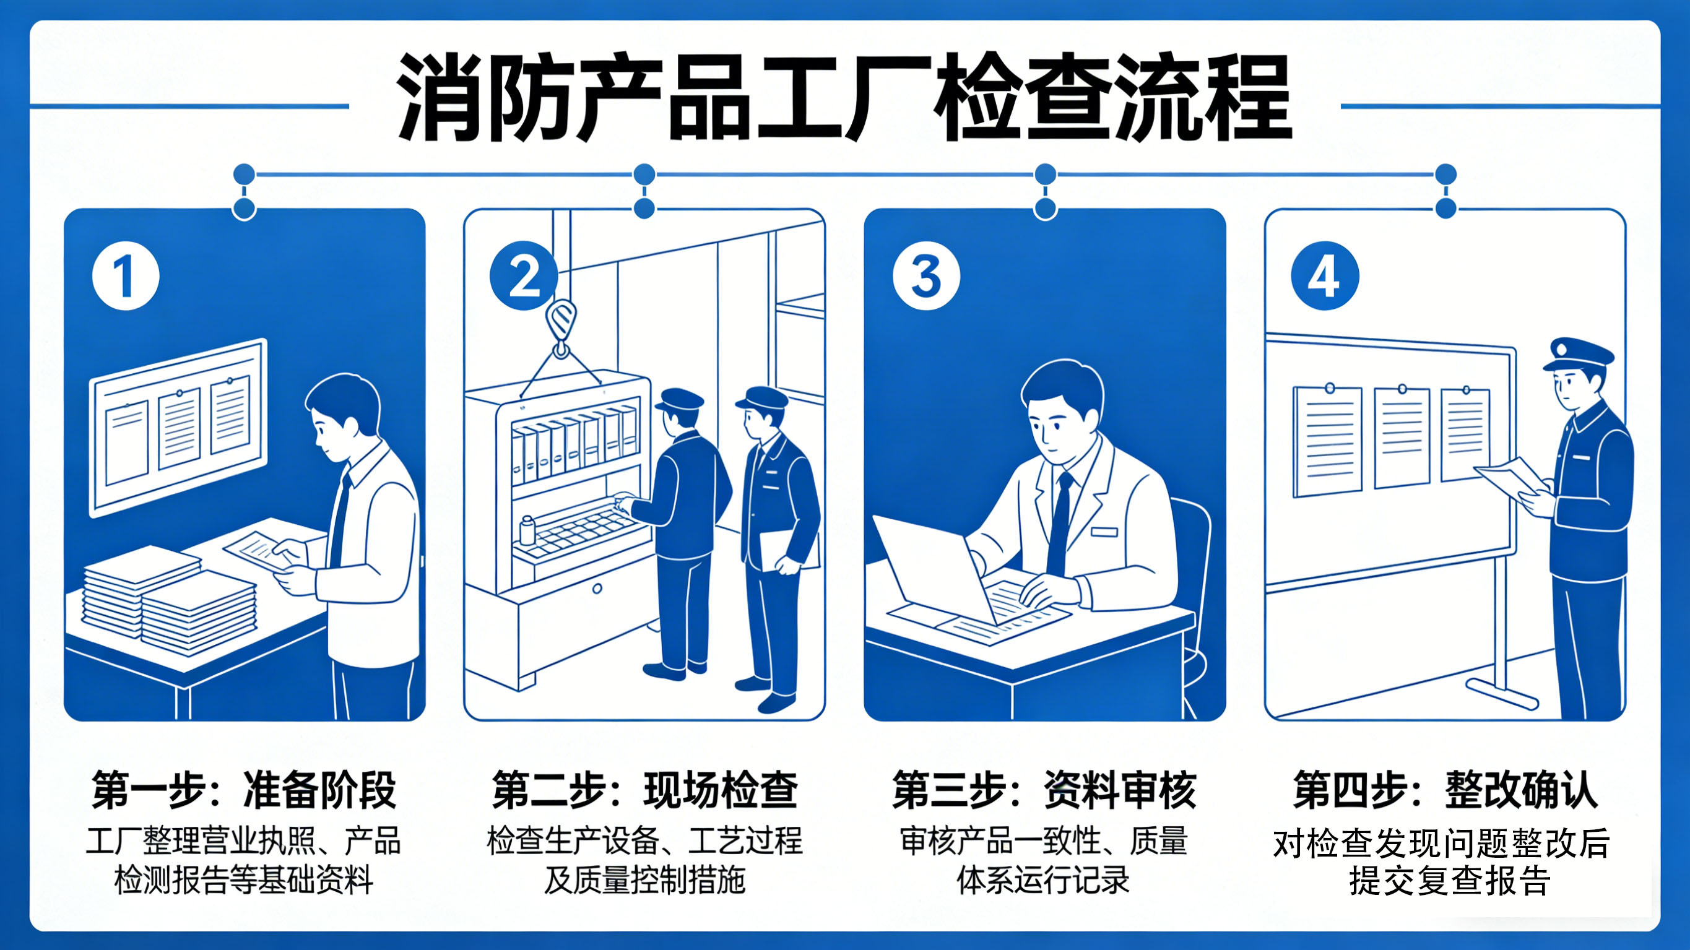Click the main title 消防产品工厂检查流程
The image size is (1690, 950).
(x=844, y=98)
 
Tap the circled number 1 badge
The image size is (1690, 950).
(x=125, y=276)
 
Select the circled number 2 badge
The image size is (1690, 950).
(x=524, y=276)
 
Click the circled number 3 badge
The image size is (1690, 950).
(x=925, y=276)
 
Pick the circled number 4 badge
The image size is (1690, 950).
(x=1325, y=276)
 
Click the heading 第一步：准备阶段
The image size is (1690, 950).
(x=244, y=790)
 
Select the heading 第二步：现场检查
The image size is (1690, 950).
(x=645, y=790)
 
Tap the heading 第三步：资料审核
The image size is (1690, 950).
(x=1044, y=790)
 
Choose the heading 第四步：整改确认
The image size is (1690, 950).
(x=1445, y=790)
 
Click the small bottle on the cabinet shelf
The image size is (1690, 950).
(x=527, y=530)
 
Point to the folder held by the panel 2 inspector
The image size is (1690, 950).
(x=787, y=550)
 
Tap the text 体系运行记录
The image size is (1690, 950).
(x=1043, y=881)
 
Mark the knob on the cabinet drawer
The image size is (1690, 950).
(x=597, y=589)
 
